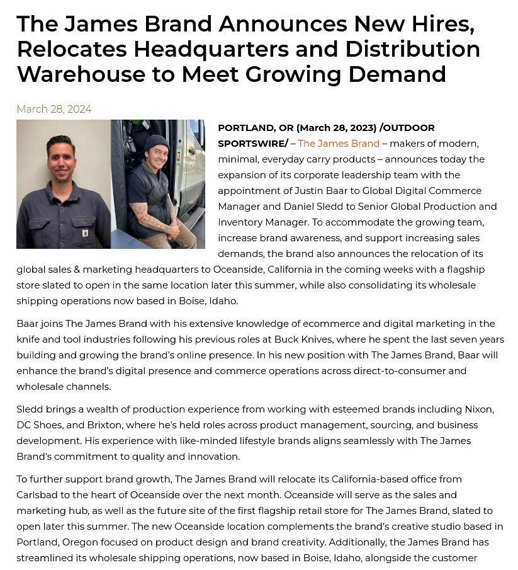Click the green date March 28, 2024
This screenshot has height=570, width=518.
(54, 109)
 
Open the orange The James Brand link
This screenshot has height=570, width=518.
(339, 144)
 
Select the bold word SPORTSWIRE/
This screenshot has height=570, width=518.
(253, 144)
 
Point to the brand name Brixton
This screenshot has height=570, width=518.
(113, 425)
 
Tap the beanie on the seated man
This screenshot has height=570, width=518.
(157, 143)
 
